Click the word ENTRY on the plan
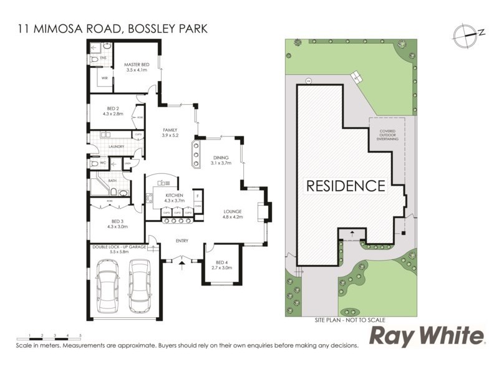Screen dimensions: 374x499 pos(182,241)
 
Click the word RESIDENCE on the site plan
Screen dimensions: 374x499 pos(344,185)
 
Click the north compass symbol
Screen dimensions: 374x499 pos(467,34)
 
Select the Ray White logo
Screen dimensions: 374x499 pos(427,337)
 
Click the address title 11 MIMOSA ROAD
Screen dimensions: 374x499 pos(110,27)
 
